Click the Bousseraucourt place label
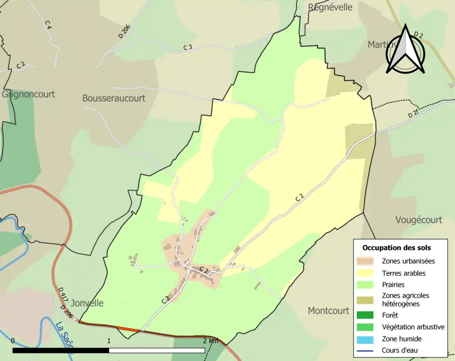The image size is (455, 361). click(114, 98)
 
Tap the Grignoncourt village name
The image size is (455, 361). click(28, 94)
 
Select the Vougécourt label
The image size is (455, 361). click(419, 220)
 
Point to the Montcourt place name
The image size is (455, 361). click(328, 311)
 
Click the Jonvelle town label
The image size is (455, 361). click(87, 303)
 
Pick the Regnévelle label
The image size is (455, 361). click(330, 7)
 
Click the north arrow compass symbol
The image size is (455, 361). click(406, 50)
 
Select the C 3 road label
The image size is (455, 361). click(188, 47)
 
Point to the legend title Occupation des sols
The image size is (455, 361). click(397, 247)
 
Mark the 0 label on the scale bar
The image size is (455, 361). click(13, 341)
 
